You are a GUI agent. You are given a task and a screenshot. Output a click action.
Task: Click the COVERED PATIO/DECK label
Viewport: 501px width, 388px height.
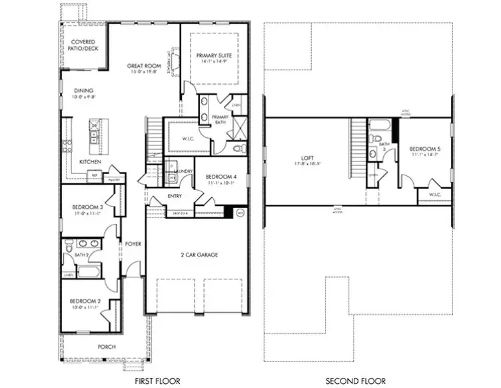[83, 45]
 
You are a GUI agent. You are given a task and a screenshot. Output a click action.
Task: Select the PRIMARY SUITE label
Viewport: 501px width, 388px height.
[213, 56]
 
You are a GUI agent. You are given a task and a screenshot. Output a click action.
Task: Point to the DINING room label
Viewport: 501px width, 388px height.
[83, 91]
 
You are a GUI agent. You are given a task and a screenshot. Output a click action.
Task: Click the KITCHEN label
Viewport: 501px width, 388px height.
[91, 162]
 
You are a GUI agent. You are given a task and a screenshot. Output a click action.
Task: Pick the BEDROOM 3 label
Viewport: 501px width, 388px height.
[87, 207]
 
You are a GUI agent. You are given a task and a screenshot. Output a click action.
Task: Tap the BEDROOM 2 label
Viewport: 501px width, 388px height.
[86, 301]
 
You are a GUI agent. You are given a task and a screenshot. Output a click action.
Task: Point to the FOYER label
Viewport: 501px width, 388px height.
[133, 244]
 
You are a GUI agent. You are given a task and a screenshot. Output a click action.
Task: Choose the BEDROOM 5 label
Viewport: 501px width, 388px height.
[424, 149]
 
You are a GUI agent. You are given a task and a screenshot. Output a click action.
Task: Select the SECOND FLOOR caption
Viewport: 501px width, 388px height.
[356, 381]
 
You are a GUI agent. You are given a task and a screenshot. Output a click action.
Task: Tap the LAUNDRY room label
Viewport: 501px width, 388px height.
[183, 171]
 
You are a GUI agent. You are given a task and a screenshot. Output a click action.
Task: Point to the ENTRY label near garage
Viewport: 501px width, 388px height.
[175, 196]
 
